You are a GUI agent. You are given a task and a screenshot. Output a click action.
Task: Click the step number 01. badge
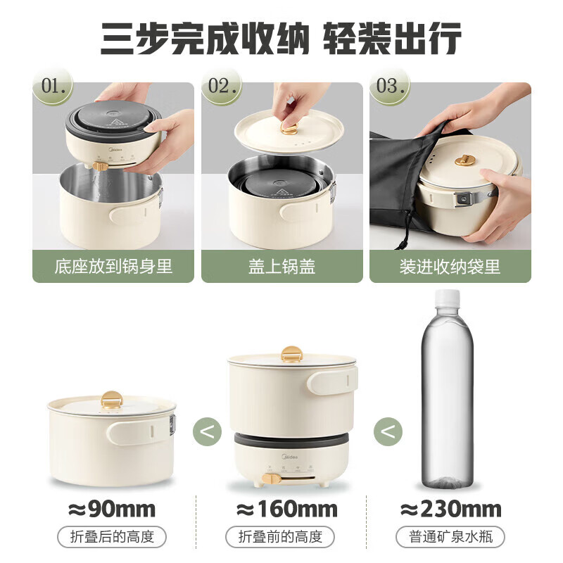coord(57,87)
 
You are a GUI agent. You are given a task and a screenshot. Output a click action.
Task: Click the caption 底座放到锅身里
coord(113,267)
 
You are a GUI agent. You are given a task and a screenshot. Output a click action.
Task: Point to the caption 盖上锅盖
coord(281,267)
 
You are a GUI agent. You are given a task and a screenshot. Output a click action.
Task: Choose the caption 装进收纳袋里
coord(450,267)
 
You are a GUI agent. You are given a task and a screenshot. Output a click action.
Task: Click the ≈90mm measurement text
coord(113,509)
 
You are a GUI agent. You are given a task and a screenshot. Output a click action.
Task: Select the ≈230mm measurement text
coord(450,509)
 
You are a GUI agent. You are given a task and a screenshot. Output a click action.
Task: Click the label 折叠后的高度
coord(113,538)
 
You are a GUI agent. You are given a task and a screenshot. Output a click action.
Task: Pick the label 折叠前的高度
coord(281,538)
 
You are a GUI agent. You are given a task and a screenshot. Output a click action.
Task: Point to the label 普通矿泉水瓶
coord(450,538)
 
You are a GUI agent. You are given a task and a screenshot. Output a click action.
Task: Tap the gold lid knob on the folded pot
coord(110,401)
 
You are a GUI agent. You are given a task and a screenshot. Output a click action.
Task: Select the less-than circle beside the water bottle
coord(388,430)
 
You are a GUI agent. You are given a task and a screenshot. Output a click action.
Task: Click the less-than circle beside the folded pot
coord(206,430)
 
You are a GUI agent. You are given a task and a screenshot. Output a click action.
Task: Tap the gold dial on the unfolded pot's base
coord(267,479)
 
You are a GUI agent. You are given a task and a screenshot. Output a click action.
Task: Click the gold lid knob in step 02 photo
coord(288,129)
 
